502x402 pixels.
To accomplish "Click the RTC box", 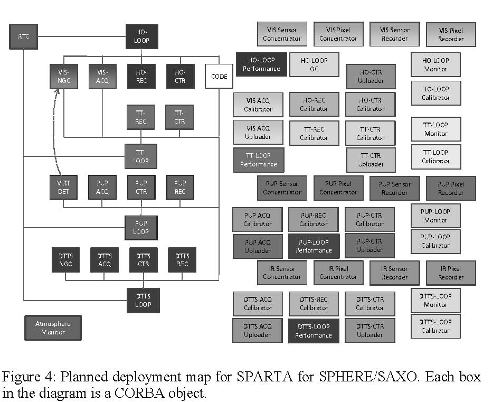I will tap(24, 37).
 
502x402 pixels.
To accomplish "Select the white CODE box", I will tap(219, 77).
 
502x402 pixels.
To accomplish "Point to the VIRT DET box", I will tap(63, 188).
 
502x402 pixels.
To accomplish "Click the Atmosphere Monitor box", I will tap(53, 328).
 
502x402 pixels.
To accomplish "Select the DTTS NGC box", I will tap(65, 260).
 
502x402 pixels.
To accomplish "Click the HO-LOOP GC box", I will tap(314, 64).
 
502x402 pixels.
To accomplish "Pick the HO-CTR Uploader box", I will tap(370, 77).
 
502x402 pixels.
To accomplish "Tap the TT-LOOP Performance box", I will tap(259, 160).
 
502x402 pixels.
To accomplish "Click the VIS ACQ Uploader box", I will tap(258, 133).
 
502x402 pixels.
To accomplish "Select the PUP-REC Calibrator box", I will tap(314, 219).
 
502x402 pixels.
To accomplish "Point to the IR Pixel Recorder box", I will tap(451, 273).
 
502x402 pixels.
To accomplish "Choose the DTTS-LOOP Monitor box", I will tap(435, 301).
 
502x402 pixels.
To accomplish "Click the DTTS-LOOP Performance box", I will tap(314, 331).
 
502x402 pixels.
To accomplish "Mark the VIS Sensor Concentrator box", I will tap(282, 34).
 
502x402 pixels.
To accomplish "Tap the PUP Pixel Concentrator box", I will tap(338, 188).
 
